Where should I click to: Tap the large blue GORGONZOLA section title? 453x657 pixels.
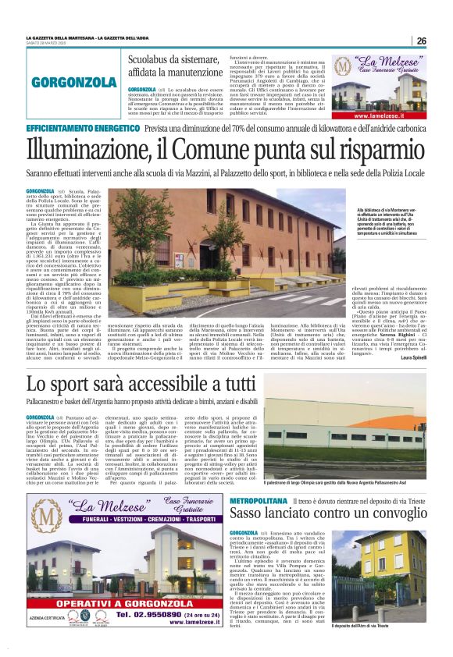(75, 82)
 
